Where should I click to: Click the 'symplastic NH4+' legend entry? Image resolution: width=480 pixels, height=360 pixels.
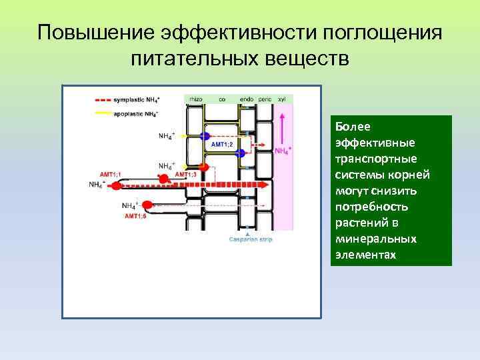(x=137, y=100)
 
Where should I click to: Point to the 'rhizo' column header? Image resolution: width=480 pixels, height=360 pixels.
(x=196, y=99)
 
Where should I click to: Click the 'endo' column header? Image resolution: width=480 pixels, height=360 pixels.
(x=246, y=99)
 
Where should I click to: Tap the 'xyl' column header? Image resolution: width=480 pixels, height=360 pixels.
(x=282, y=99)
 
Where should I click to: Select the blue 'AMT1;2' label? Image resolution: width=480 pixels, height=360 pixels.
(x=221, y=145)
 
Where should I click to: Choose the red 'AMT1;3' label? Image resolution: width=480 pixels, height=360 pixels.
(x=185, y=175)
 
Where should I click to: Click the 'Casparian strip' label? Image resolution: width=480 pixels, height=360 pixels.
(x=251, y=239)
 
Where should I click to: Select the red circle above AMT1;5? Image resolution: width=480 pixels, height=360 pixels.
(x=147, y=205)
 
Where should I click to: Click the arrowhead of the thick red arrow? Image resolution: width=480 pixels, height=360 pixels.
(x=265, y=185)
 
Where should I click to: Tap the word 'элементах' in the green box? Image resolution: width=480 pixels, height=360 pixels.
(x=366, y=255)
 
